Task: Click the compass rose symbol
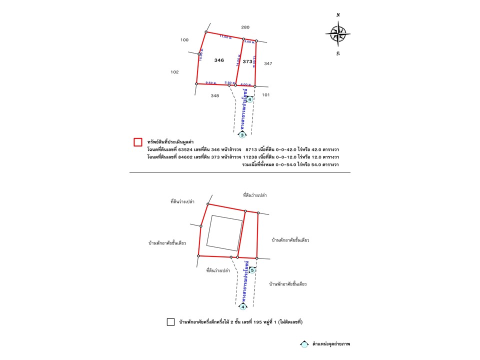tap(337, 34)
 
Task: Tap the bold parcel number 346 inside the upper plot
tap(219, 60)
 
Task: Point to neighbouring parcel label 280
tap(245, 27)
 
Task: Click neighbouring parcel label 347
tap(268, 63)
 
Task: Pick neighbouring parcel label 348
tap(214, 95)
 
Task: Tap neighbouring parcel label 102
tap(174, 72)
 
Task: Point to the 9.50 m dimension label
tap(210, 82)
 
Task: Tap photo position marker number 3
tap(242, 135)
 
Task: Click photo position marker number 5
tap(252, 270)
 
